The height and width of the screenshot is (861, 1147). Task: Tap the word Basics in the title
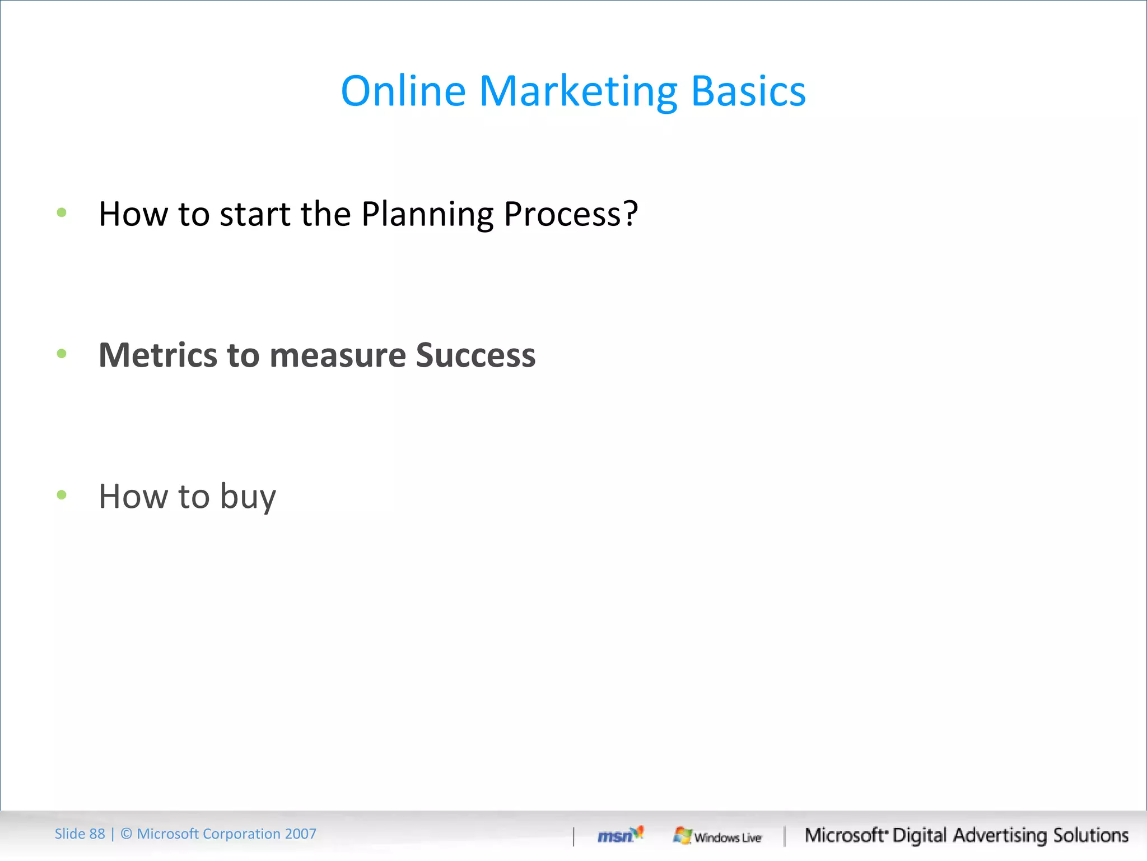(x=748, y=91)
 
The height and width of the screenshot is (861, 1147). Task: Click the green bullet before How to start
(x=62, y=212)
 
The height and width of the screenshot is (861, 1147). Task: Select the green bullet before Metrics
(x=62, y=353)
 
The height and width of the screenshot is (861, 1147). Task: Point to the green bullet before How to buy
(x=62, y=494)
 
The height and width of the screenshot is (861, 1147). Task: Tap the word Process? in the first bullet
(x=571, y=215)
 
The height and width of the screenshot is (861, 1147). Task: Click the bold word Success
(x=475, y=355)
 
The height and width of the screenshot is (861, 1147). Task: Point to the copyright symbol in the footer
(x=127, y=834)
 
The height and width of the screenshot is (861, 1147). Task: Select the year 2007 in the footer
(x=300, y=834)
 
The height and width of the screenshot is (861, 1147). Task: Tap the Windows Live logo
(x=717, y=836)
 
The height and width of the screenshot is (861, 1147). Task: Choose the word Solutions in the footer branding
(x=1091, y=835)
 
